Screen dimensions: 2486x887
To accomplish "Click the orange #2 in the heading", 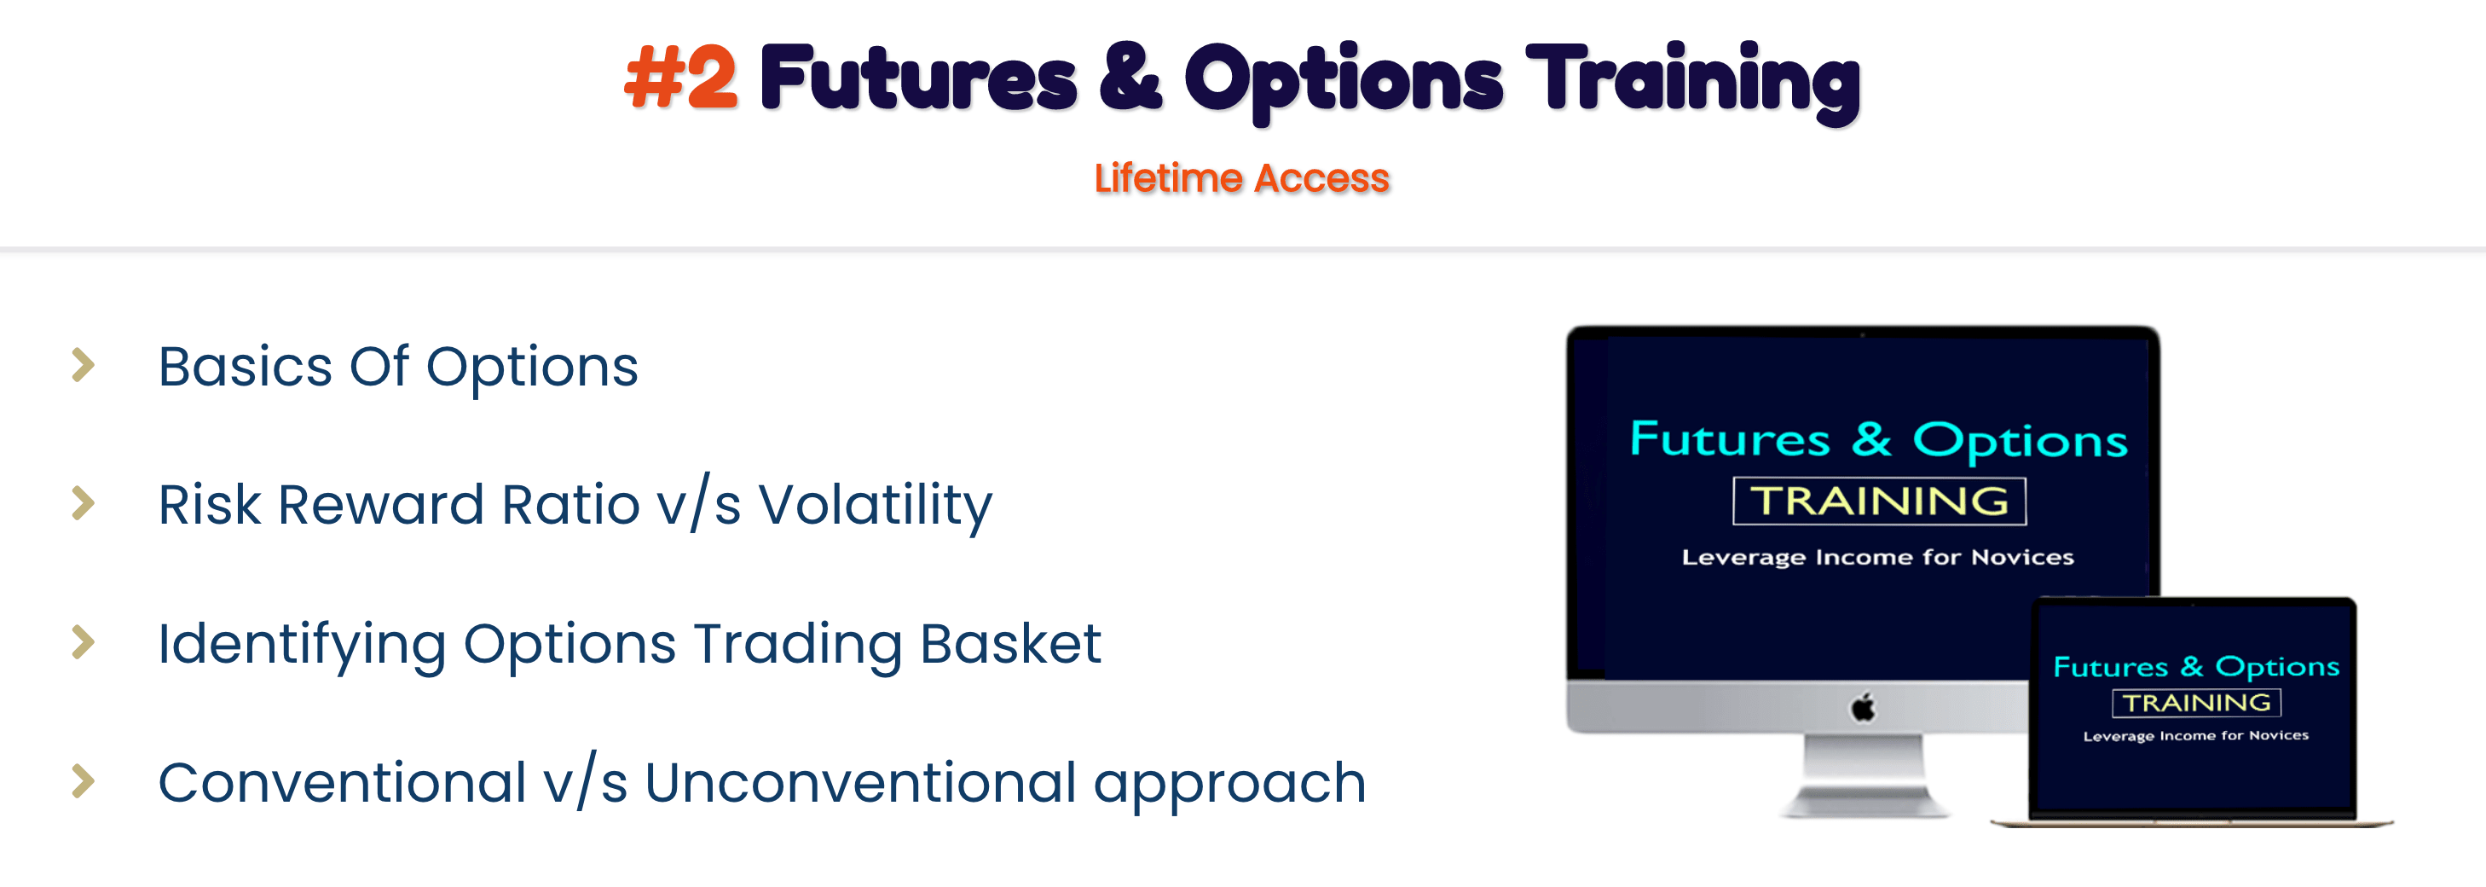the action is pyautogui.click(x=681, y=78).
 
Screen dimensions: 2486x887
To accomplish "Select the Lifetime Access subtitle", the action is pyautogui.click(x=1241, y=178).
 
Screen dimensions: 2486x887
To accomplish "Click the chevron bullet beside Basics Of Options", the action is pyautogui.click(x=84, y=365).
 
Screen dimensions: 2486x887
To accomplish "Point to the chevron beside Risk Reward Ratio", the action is pyautogui.click(x=84, y=503).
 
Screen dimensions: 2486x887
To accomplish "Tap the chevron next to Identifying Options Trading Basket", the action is pyautogui.click(x=84, y=642).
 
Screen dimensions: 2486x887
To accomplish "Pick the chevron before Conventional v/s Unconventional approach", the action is pyautogui.click(x=84, y=781).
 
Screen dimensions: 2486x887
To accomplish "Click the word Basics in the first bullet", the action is pyautogui.click(x=246, y=367).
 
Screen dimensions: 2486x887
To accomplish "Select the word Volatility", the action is pyautogui.click(x=876, y=506).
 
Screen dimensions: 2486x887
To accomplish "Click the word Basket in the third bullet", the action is pyautogui.click(x=1010, y=644).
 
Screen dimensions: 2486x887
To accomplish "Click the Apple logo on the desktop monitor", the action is pyautogui.click(x=1863, y=708).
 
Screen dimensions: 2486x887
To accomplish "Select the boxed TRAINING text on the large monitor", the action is pyautogui.click(x=1879, y=501).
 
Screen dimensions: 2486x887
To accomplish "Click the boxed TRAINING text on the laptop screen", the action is pyautogui.click(x=2196, y=703).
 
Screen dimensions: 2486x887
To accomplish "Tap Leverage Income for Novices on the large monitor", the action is pyautogui.click(x=1877, y=557).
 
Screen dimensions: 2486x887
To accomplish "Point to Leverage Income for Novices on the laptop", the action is pyautogui.click(x=2195, y=735).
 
